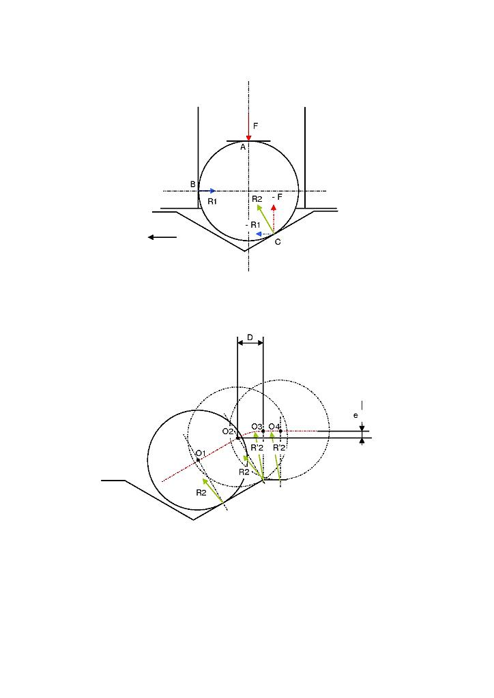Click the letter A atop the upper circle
[x=243, y=147]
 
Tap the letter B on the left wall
[x=193, y=184]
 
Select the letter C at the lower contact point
[x=278, y=242]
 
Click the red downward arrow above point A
[x=248, y=127]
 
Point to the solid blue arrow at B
[x=207, y=191]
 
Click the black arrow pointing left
[x=162, y=237]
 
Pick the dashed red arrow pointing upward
[x=274, y=219]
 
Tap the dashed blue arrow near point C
[x=264, y=234]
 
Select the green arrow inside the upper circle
[x=265, y=219]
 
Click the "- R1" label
[x=252, y=225]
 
